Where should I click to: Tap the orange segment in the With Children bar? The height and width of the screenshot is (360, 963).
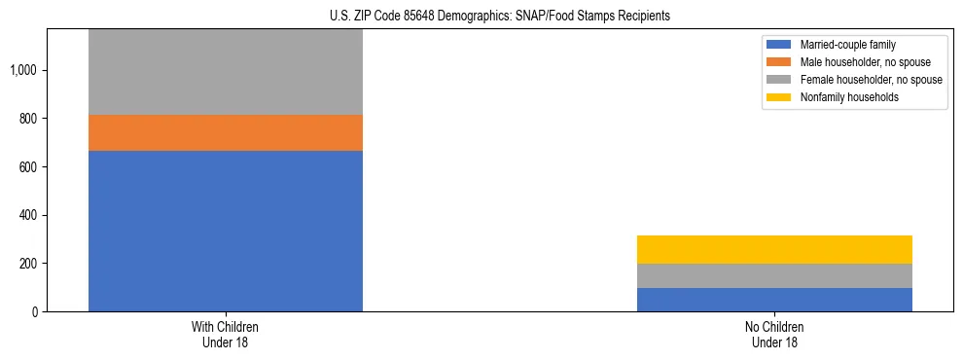(226, 133)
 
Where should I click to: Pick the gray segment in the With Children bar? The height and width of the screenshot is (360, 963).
(226, 72)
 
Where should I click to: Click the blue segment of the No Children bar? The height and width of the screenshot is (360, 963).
(774, 300)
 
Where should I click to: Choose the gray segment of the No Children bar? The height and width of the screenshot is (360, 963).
(774, 276)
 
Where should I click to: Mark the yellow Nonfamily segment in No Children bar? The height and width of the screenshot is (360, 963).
(774, 249)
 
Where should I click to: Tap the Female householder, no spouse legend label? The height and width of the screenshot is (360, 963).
(871, 80)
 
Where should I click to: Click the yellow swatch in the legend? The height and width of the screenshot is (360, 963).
(779, 97)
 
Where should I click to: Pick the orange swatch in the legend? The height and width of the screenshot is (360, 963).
(779, 62)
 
